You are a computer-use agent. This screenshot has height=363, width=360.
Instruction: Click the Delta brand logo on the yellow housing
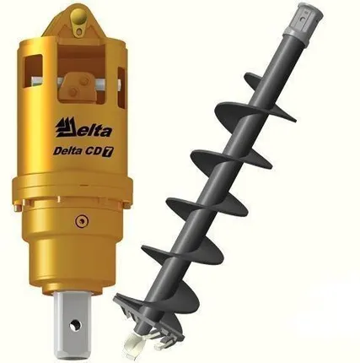[83, 129]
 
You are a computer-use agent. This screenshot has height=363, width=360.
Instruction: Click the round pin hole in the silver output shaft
[75, 326]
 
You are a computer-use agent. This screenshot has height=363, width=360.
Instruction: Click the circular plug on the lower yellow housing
[81, 220]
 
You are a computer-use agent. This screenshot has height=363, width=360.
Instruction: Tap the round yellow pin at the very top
[78, 15]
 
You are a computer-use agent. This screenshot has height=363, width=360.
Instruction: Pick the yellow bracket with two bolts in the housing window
[78, 86]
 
